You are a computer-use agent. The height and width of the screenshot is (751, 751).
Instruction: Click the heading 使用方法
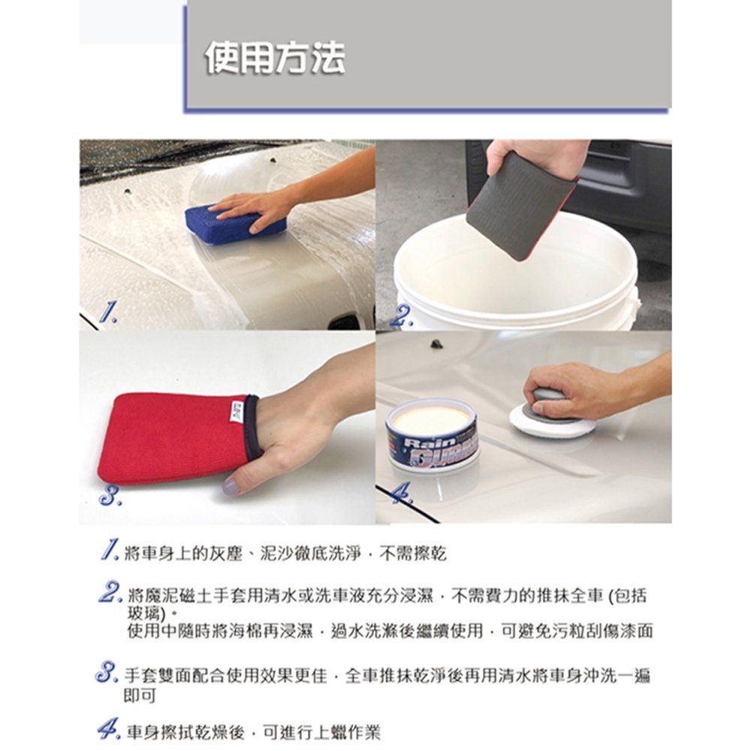[x=275, y=58]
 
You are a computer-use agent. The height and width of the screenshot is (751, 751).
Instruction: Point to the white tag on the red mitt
[x=237, y=412]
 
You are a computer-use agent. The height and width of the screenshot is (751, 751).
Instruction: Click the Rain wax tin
[x=433, y=435]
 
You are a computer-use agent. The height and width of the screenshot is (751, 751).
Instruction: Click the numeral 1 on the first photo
[x=108, y=312]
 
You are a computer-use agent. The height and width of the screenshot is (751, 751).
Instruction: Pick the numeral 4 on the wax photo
[x=401, y=493]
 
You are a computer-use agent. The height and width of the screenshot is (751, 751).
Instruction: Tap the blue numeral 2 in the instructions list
[x=111, y=592]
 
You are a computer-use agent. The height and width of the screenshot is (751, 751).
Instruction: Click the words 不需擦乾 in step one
[x=412, y=553]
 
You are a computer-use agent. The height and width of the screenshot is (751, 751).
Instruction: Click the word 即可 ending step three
[x=140, y=696]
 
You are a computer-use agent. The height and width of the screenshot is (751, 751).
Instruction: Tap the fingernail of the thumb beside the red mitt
[x=231, y=487]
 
